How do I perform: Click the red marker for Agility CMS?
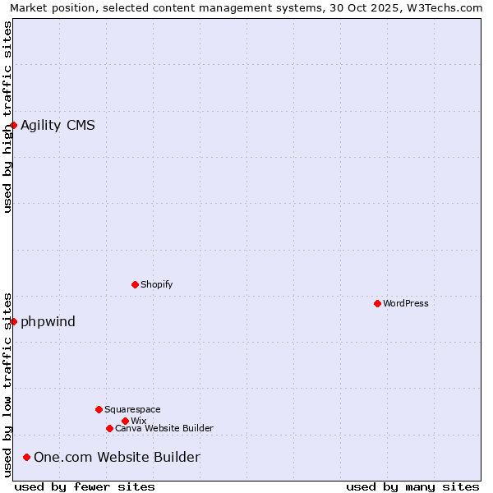coord(14,125)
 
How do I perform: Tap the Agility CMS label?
coord(58,126)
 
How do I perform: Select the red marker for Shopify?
coord(135,284)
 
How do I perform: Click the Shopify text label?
coord(156,284)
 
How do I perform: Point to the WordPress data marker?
coord(377,303)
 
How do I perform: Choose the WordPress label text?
coord(405,303)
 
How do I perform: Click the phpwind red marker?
coord(14,321)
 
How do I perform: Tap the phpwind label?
coord(48,321)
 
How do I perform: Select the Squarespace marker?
coord(99,409)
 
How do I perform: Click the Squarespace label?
coord(132,409)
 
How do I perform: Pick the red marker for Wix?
coord(125,421)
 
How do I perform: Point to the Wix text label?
coord(138,421)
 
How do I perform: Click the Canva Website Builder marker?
coord(109,428)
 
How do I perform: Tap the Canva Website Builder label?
coord(164,428)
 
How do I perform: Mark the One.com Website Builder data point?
coord(27,457)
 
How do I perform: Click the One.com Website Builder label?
coord(117,458)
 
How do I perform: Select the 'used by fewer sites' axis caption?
coord(85,486)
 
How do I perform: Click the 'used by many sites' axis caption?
coord(412,486)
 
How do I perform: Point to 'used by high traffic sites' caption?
coord(7,117)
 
